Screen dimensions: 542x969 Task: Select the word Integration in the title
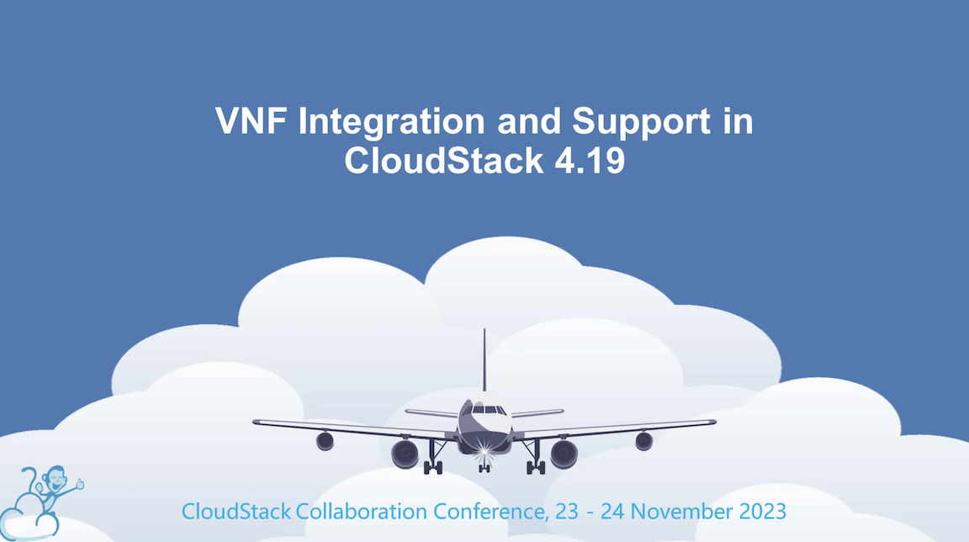[x=390, y=122]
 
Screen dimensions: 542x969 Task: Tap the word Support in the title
[x=641, y=122]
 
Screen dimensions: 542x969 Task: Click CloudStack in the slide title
[x=442, y=160]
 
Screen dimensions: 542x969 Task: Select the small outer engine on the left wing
[x=325, y=441]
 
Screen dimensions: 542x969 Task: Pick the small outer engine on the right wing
[x=644, y=441]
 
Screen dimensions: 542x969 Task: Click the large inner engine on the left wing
[x=405, y=454]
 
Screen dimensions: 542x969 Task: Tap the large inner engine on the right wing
[x=564, y=454]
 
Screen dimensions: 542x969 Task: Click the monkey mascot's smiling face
[x=56, y=482]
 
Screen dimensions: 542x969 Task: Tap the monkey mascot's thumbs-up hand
[x=80, y=484]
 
